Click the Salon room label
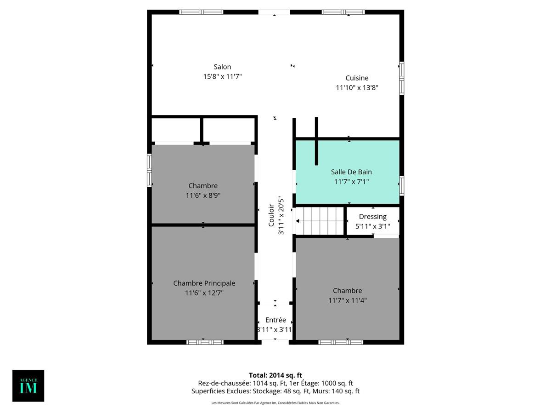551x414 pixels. [222, 67]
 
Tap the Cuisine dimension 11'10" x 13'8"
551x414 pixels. [357, 87]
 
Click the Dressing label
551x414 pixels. [372, 216]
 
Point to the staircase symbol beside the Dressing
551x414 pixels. [320, 221]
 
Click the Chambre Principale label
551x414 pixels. [204, 283]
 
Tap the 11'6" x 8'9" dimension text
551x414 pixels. [203, 195]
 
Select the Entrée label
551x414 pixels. [275, 320]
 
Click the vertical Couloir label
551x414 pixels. [271, 215]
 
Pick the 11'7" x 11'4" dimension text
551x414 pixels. [347, 300]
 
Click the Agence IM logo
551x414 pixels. [28, 385]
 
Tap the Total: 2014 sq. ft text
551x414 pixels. [275, 375]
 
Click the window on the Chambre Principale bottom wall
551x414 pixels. [205, 342]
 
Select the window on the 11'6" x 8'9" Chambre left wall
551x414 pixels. [149, 170]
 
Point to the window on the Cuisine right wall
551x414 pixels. [402, 78]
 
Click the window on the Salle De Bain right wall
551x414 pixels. [402, 185]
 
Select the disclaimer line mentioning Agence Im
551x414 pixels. [275, 403]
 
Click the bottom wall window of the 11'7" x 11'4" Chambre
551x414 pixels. [341, 342]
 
